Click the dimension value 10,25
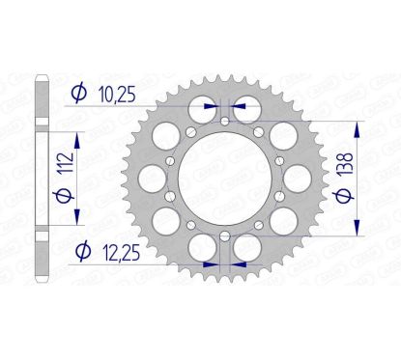(117, 95)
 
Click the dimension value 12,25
(122, 252)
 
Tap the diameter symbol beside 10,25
(79, 93)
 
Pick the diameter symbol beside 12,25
(83, 251)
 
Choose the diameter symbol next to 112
(65, 195)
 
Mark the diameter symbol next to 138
(344, 196)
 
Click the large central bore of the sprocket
(225, 179)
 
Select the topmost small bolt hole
(225, 122)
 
